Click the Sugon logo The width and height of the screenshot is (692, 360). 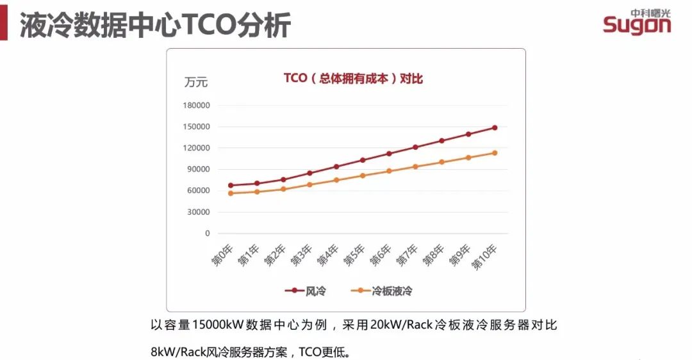point(636,22)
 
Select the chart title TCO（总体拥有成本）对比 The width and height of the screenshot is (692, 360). point(353,79)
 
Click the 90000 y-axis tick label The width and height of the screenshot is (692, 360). point(197,170)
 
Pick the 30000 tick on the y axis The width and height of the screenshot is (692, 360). point(197,212)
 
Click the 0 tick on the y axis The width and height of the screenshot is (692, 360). point(207,234)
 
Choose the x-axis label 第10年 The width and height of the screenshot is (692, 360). point(486,256)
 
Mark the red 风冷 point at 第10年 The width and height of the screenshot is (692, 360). point(495,127)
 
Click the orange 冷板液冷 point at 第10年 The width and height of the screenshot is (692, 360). point(495,152)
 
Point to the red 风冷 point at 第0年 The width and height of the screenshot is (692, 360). point(231,185)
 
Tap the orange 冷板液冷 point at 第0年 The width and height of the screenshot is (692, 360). point(231,193)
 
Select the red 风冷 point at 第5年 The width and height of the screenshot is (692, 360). point(363,160)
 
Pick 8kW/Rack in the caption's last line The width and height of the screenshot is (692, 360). point(175,352)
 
